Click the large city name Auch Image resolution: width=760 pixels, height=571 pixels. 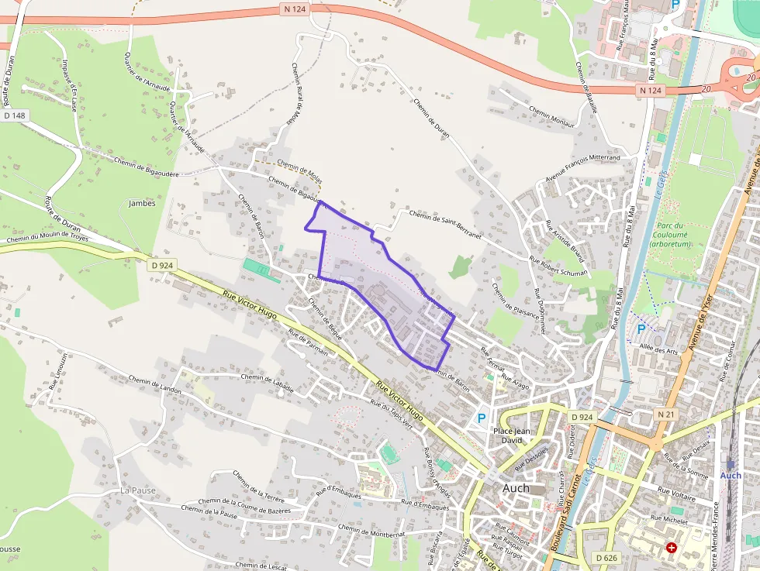coord(516,488)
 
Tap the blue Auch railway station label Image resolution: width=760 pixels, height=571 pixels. coord(731,475)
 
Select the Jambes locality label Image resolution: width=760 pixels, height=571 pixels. coord(141,203)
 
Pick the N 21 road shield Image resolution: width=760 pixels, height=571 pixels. coord(665,414)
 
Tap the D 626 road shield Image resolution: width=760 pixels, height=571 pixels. coord(606,558)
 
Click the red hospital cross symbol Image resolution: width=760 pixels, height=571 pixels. coord(671,548)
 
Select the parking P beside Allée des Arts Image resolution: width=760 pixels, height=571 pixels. coord(641,329)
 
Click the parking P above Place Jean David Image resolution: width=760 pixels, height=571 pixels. coord(481,418)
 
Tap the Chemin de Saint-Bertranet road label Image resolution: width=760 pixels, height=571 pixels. coord(445,225)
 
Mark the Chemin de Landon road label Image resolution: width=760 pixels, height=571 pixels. coord(154,384)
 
